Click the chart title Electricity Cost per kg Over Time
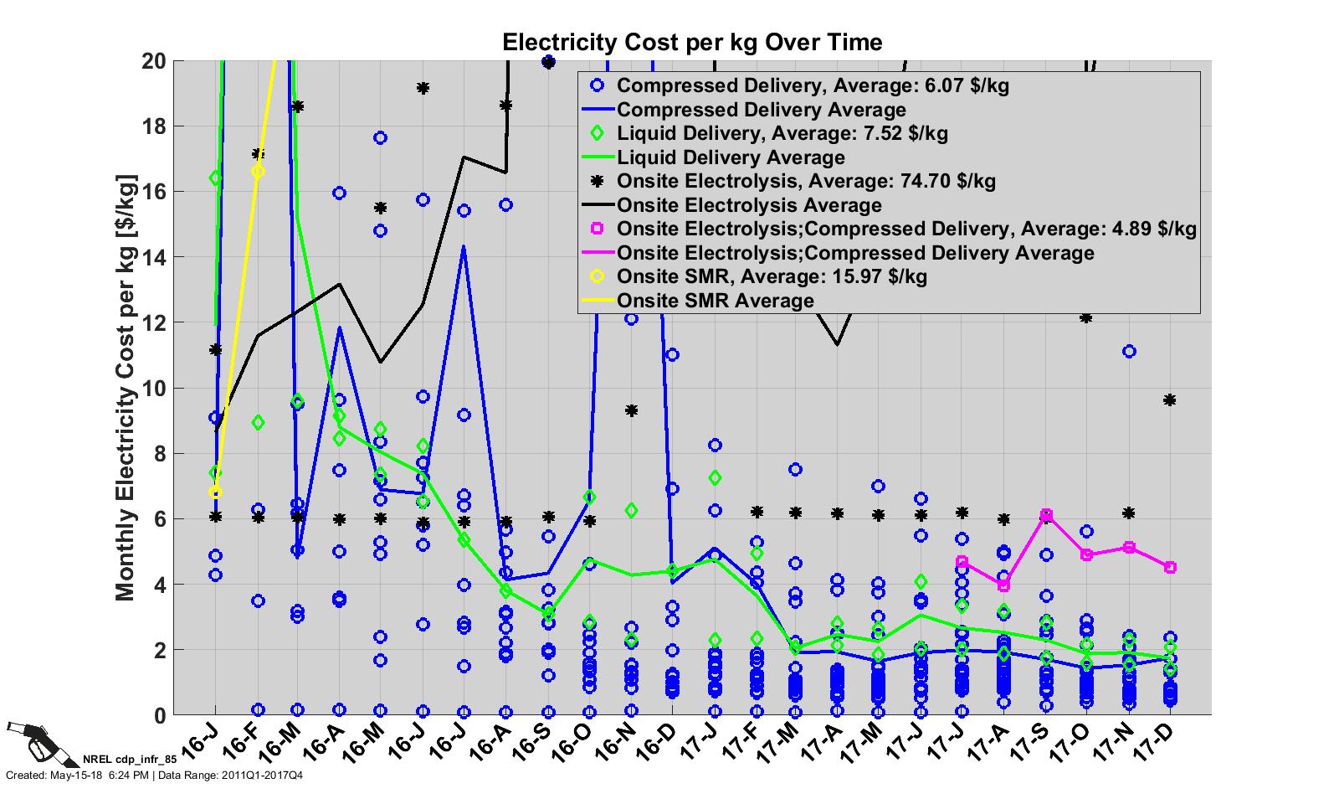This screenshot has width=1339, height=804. pyautogui.click(x=691, y=42)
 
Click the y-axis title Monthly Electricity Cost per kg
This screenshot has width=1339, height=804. pyautogui.click(x=125, y=387)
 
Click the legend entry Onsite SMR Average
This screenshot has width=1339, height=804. pyautogui.click(x=715, y=301)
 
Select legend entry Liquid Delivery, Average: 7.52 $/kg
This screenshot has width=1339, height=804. pyautogui.click(x=782, y=133)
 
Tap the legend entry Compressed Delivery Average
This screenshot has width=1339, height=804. pyautogui.click(x=761, y=110)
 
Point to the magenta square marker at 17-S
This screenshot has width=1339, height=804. pyautogui.click(x=1046, y=515)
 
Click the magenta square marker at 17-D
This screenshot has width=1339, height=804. pyautogui.click(x=1170, y=567)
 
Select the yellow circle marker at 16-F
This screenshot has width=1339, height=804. pyautogui.click(x=258, y=172)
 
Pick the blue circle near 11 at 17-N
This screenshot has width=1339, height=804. pyautogui.click(x=1129, y=352)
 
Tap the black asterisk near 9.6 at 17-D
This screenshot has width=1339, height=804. pyautogui.click(x=1170, y=400)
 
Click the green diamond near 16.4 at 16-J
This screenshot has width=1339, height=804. pyautogui.click(x=216, y=178)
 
